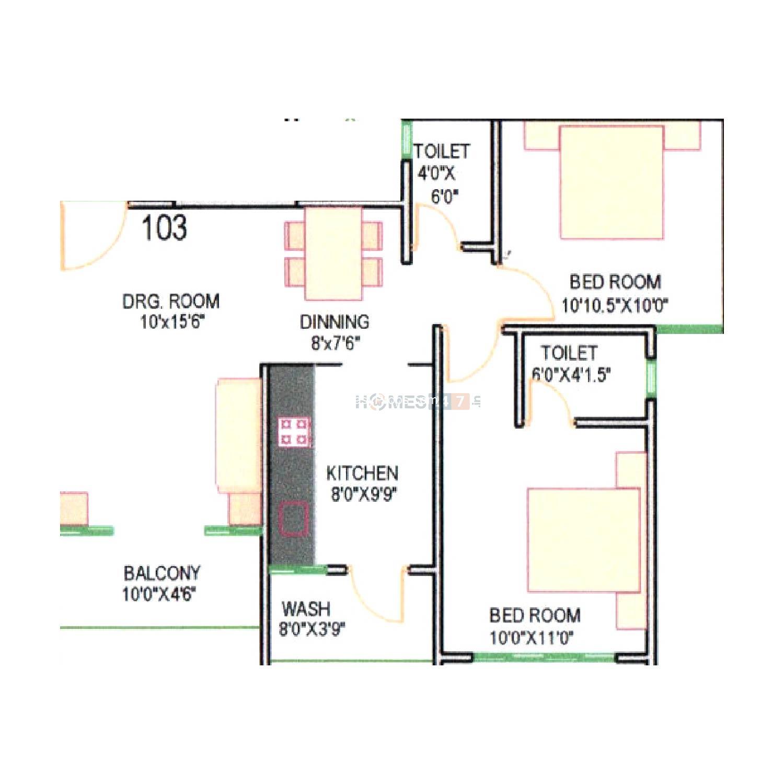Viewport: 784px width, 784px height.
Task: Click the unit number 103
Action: click(164, 228)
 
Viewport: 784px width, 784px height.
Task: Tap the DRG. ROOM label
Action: click(171, 301)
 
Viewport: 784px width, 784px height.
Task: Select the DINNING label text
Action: click(335, 322)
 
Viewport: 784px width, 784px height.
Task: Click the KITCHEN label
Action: click(362, 473)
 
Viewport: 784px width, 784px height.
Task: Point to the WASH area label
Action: click(306, 609)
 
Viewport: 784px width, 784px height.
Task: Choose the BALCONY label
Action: click(162, 573)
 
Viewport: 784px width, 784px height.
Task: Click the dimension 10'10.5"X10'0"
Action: click(615, 305)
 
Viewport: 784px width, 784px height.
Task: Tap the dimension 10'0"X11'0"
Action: click(532, 638)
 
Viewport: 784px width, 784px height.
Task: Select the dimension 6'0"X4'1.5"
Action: click(571, 375)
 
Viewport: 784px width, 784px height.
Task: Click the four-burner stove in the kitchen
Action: click(294, 432)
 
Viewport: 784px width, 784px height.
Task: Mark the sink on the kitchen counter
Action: click(293, 518)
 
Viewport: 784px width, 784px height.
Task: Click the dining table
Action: click(333, 253)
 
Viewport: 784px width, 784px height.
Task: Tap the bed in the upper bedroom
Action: click(612, 182)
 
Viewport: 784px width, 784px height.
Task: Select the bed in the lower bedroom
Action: click(584, 540)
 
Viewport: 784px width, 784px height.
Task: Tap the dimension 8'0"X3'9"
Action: click(312, 629)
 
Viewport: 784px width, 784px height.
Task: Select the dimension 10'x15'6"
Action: click(171, 322)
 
